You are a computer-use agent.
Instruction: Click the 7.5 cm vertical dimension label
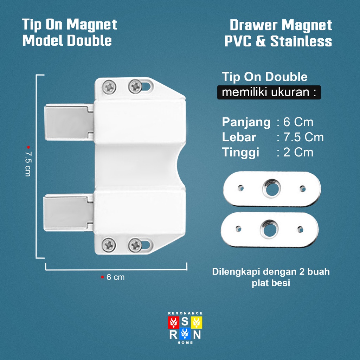click(28, 164)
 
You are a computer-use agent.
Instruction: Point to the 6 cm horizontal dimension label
click(116, 277)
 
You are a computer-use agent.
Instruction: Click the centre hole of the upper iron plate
click(271, 188)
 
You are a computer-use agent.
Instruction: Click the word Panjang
click(246, 122)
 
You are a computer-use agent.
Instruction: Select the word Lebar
click(239, 137)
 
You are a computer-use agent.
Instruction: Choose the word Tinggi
click(240, 152)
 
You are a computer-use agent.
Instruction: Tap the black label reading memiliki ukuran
click(269, 93)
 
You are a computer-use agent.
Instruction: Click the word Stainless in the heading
click(301, 41)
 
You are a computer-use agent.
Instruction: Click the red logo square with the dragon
click(173, 321)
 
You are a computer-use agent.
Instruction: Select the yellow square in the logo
click(196, 321)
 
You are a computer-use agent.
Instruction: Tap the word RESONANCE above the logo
click(185, 313)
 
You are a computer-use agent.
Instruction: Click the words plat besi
click(271, 283)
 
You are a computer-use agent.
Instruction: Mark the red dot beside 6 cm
click(102, 277)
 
